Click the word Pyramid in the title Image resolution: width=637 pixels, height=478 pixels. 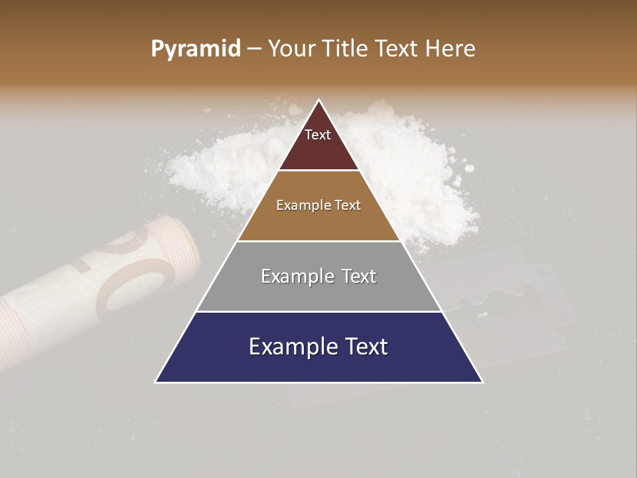195,49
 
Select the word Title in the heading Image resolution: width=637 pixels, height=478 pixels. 346,49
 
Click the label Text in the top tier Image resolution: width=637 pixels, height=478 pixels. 318,135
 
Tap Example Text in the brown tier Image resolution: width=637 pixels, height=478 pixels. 318,205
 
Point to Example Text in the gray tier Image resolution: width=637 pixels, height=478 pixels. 318,276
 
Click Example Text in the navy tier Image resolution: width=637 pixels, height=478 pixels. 318,347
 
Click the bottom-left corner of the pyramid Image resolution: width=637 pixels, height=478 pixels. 156,382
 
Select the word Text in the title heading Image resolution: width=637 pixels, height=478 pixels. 398,49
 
